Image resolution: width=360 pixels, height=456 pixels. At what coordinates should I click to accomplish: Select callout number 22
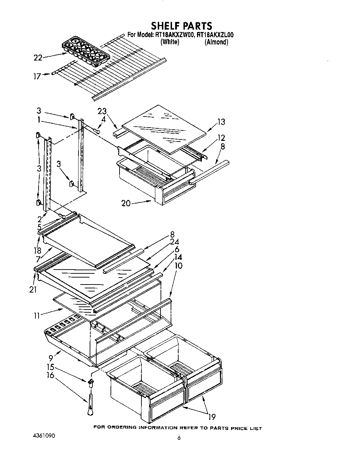point(38,58)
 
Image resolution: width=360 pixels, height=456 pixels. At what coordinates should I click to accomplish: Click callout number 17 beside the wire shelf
point(37,76)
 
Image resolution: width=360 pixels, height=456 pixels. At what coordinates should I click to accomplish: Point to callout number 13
point(221,122)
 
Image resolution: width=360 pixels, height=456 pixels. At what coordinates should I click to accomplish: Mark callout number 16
point(50,375)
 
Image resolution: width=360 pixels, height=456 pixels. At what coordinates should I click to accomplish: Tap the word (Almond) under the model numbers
point(216,42)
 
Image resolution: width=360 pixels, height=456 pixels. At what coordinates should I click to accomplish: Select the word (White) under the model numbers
point(170,42)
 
